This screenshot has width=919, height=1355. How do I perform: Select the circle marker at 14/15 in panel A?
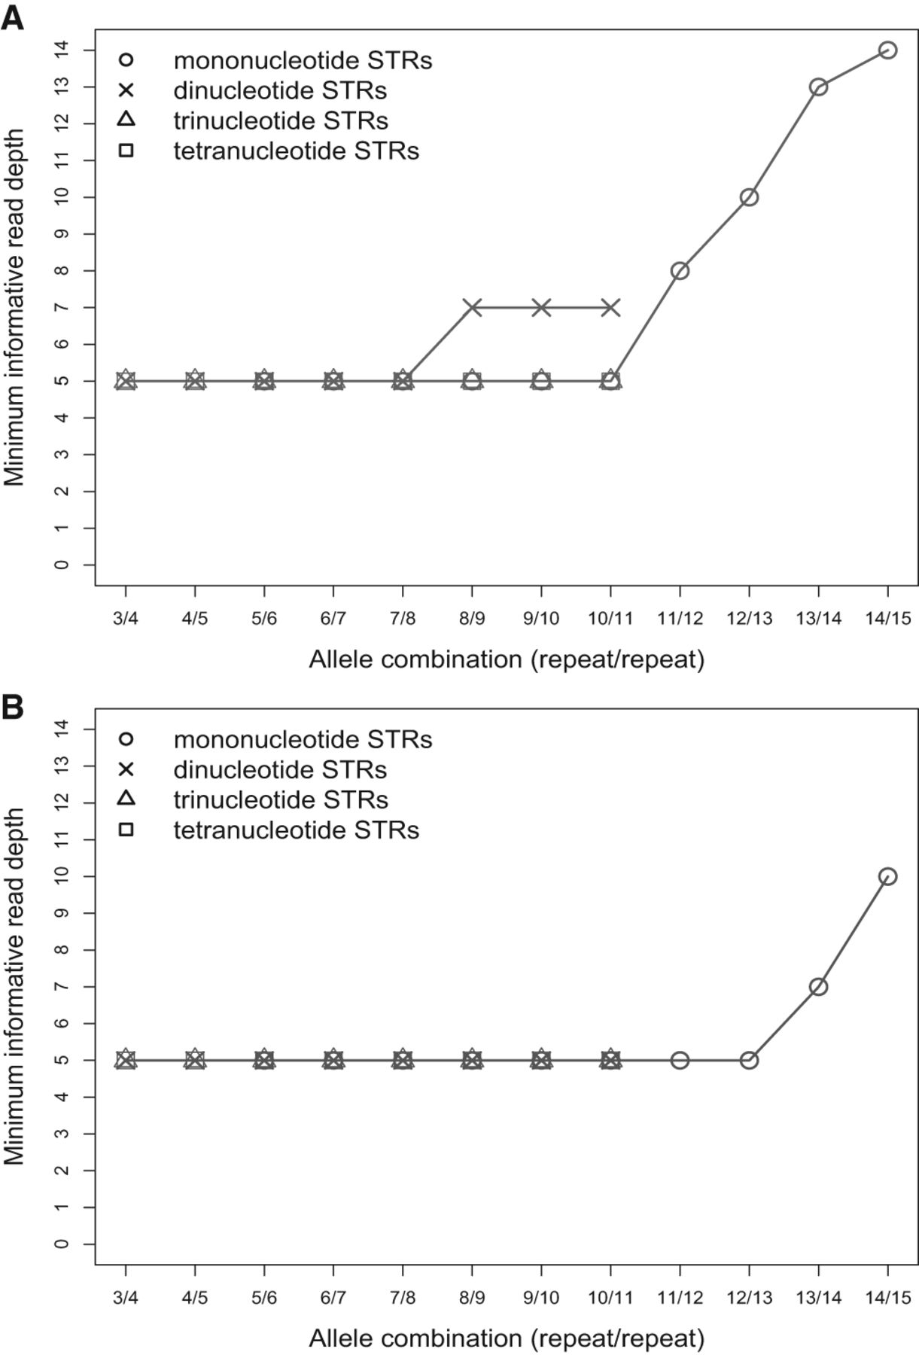coord(887,50)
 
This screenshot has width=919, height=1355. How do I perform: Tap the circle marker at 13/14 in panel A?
coord(818,87)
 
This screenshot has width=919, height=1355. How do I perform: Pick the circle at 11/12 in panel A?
coord(680,271)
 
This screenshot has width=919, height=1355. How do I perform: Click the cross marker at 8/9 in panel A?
coord(472,308)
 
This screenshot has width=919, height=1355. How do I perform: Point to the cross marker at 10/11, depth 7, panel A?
coord(610,308)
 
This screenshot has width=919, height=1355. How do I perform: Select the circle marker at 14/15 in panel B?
coord(887,876)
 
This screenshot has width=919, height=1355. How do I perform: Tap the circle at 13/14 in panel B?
coord(818,987)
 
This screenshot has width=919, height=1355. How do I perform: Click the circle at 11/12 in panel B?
coord(680,1061)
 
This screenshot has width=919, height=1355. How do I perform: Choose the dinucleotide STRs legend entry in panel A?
coord(280,91)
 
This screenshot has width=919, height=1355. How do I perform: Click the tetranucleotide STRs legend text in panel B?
coord(296,830)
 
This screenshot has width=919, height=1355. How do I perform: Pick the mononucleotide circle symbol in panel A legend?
coord(126,59)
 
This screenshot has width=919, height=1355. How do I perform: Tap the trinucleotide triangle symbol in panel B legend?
coord(126,799)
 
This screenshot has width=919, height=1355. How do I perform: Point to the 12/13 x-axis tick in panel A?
coord(749,619)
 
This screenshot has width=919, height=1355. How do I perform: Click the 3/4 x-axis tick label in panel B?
coord(126,1298)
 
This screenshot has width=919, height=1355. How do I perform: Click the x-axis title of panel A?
coord(506,659)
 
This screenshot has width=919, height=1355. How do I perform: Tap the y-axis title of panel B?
coord(14,986)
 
